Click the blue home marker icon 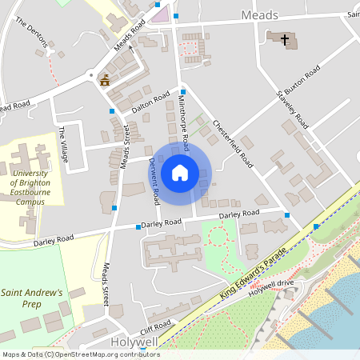[180, 172]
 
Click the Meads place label [259, 15]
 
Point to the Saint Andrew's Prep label [32, 298]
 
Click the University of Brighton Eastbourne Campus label [27, 182]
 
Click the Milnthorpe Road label [184, 121]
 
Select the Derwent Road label [154, 179]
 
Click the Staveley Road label [293, 109]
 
